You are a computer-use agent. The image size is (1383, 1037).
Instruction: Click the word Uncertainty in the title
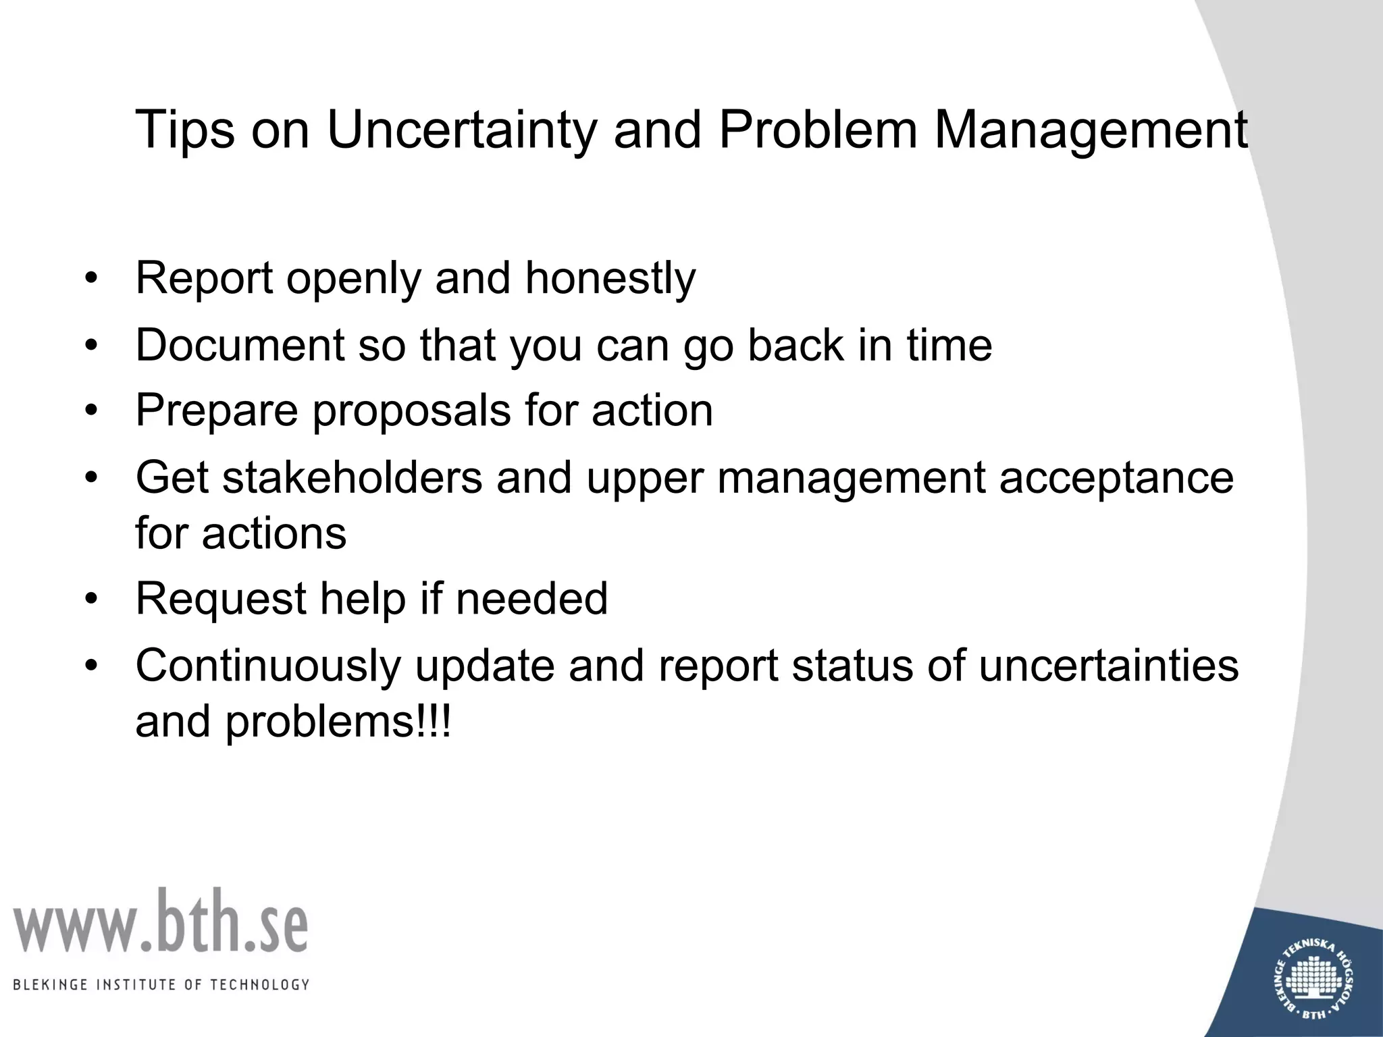[x=461, y=130]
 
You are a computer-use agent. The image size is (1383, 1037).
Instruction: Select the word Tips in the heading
[x=184, y=130]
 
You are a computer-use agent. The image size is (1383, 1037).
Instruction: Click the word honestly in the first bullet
[x=610, y=278]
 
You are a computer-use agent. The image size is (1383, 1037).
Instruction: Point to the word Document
[x=240, y=345]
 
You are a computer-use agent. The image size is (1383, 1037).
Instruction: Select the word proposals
[x=411, y=410]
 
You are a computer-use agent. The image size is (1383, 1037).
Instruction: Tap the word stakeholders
[x=352, y=477]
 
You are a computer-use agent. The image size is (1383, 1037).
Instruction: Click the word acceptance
[x=1116, y=477]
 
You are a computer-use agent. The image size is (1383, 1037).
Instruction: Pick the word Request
[x=221, y=599]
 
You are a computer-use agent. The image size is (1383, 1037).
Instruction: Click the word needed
[x=532, y=599]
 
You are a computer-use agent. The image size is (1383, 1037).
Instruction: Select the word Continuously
[x=268, y=666]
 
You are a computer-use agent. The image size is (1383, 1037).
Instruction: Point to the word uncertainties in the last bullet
[x=1108, y=666]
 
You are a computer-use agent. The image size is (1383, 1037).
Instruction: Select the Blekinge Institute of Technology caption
[x=161, y=984]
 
